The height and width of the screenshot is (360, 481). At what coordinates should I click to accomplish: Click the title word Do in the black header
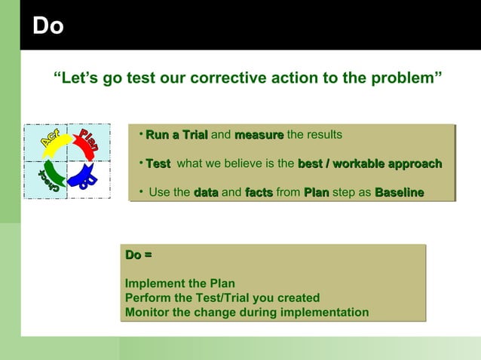(47, 26)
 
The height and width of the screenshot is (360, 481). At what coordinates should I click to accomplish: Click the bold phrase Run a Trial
(176, 135)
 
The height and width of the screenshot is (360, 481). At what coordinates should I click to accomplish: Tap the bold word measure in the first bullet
(259, 135)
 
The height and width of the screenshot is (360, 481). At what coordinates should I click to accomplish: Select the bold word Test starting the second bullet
(158, 163)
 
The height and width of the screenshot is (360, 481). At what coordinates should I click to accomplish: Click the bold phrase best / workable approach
(370, 163)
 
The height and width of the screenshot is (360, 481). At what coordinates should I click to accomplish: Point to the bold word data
(206, 193)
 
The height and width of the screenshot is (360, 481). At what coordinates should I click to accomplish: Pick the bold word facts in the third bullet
(259, 193)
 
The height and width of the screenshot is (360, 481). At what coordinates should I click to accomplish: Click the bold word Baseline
(400, 193)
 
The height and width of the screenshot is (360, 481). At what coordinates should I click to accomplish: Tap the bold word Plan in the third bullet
(317, 193)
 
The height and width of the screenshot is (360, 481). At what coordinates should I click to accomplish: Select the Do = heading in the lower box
(138, 256)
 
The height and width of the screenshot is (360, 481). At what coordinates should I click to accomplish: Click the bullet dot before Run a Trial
(141, 133)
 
